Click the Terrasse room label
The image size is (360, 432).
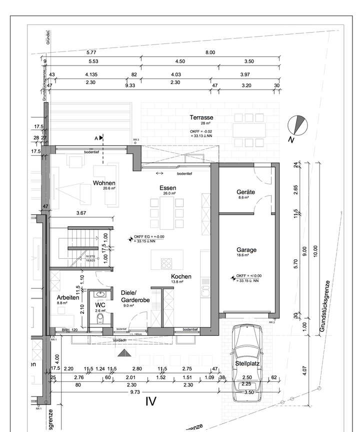[201, 118]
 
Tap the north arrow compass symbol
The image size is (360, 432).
[298, 125]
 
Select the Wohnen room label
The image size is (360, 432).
[104, 183]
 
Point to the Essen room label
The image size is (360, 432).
[168, 188]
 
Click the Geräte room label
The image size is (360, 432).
[245, 192]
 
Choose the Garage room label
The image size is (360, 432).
[246, 249]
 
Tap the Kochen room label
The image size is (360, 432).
[181, 276]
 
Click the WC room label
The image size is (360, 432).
[101, 304]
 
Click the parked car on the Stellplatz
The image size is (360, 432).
[247, 362]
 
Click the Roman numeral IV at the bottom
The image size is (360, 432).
[151, 401]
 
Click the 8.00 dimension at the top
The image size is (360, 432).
[210, 52]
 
